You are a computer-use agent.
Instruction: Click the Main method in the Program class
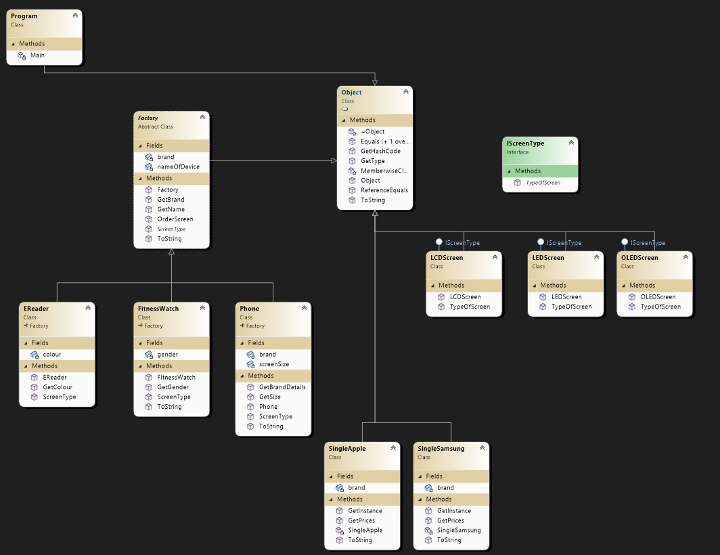pyautogui.click(x=37, y=55)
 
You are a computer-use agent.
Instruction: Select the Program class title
pyautogui.click(x=24, y=16)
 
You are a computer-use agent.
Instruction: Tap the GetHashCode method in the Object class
pyautogui.click(x=380, y=151)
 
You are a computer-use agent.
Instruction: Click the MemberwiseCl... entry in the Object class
pyautogui.click(x=384, y=171)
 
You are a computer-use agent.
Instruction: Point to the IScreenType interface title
pyautogui.click(x=525, y=143)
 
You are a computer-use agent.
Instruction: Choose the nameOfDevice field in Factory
pyautogui.click(x=178, y=166)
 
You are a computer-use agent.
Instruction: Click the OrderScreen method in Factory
pyautogui.click(x=175, y=219)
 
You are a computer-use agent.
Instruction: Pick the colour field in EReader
pyautogui.click(x=52, y=354)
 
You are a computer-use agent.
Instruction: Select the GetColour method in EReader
pyautogui.click(x=58, y=387)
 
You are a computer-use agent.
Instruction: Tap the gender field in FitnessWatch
pyautogui.click(x=167, y=354)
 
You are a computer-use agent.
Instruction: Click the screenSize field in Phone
pyautogui.click(x=273, y=364)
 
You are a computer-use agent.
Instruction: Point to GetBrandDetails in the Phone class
pyautogui.click(x=282, y=387)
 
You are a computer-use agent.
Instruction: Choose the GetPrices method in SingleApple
pyautogui.click(x=361, y=520)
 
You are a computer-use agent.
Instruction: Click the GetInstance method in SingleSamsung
pyautogui.click(x=454, y=511)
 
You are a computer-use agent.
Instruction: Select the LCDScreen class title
pyautogui.click(x=447, y=258)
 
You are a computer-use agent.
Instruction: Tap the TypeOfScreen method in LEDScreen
pyautogui.click(x=571, y=307)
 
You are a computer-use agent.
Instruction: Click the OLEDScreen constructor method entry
pyautogui.click(x=658, y=297)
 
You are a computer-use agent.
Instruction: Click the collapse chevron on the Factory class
pyautogui.click(x=202, y=117)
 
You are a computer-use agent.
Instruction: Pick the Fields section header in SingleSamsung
pyautogui.click(x=434, y=476)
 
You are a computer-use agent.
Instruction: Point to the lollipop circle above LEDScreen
pyautogui.click(x=541, y=242)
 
